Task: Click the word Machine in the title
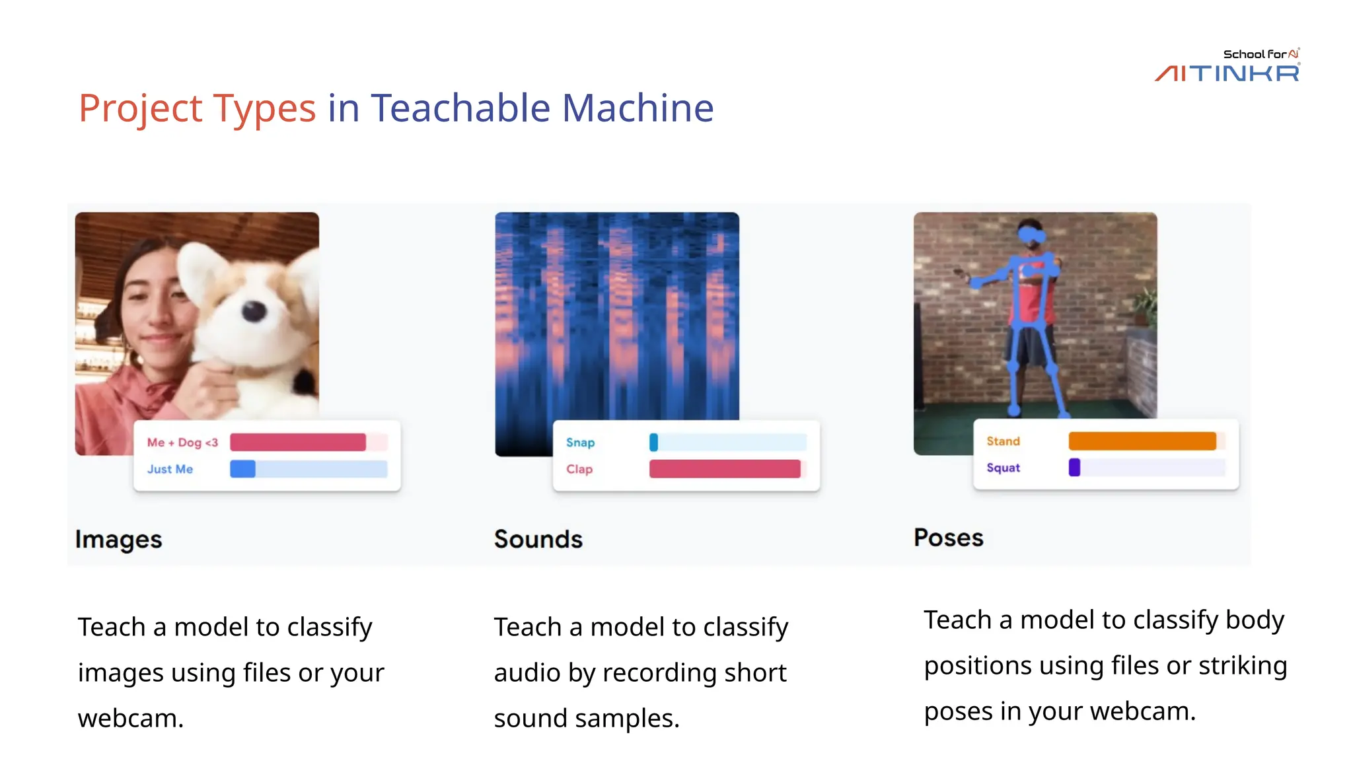click(x=638, y=108)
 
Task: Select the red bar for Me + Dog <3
click(x=297, y=442)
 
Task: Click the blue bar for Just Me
click(x=242, y=469)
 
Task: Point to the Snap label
click(x=580, y=443)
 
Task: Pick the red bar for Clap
click(x=725, y=469)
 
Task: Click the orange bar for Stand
click(x=1142, y=441)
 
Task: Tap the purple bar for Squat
click(x=1074, y=468)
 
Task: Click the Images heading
click(x=118, y=539)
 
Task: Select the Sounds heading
click(x=538, y=539)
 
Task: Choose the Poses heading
click(x=948, y=538)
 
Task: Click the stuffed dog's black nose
click(x=254, y=310)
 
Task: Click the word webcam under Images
click(x=130, y=718)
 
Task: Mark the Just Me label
click(x=170, y=469)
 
